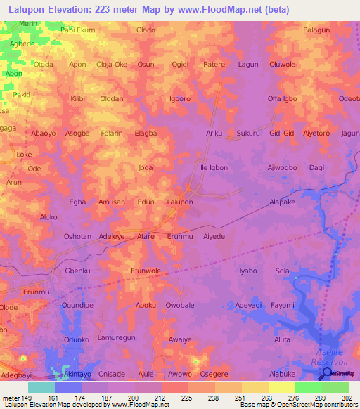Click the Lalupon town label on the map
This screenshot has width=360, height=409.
(179, 202)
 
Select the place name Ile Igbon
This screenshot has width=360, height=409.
(214, 168)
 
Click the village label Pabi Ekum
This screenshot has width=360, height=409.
(77, 30)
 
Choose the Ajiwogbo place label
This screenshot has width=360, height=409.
(283, 168)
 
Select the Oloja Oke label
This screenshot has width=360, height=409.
(112, 64)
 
